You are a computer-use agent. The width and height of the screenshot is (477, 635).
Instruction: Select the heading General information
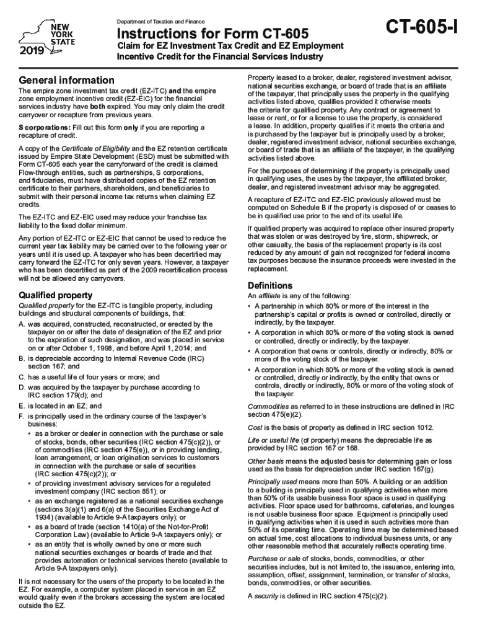pyautogui.click(x=67, y=80)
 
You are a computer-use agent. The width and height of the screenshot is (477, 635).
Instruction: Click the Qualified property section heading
pyautogui.click(x=56, y=295)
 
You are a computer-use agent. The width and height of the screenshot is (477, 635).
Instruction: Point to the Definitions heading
pyautogui.click(x=270, y=286)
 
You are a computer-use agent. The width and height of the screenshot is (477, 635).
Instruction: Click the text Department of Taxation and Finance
pyautogui.click(x=163, y=22)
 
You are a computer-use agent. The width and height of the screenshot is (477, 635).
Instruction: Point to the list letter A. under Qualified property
pyautogui.click(x=22, y=324)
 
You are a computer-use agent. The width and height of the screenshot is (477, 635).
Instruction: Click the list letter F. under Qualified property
pyautogui.click(x=22, y=415)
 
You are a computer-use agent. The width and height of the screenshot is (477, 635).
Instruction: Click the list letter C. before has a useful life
pyautogui.click(x=22, y=377)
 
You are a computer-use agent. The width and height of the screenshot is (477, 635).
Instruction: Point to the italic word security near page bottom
pyautogui.click(x=267, y=596)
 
